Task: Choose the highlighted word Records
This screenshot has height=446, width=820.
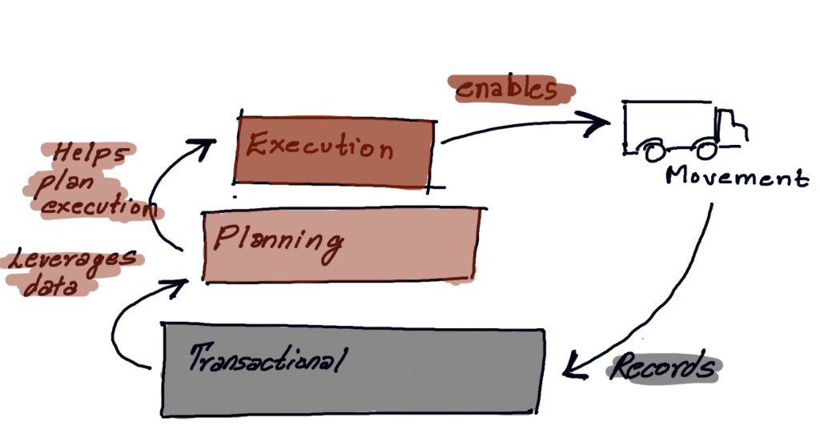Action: pyautogui.click(x=663, y=368)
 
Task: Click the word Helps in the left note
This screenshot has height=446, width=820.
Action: pyautogui.click(x=89, y=154)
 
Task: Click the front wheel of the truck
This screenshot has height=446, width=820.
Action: pyautogui.click(x=705, y=149)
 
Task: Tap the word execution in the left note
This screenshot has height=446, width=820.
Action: pyautogui.click(x=97, y=207)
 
